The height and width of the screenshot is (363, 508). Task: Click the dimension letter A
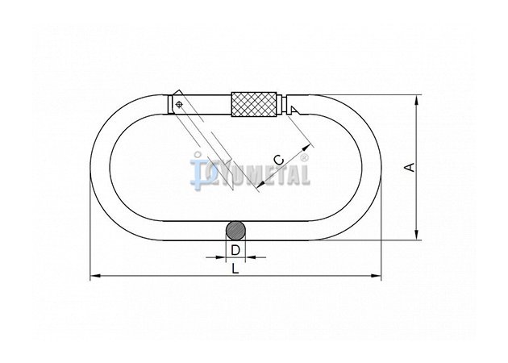[x=410, y=167]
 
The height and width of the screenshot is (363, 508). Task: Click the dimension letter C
[x=279, y=160]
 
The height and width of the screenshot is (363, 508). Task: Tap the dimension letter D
[x=235, y=250]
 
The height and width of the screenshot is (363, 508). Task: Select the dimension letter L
[x=235, y=269]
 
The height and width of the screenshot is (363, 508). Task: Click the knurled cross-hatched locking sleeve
[x=254, y=104]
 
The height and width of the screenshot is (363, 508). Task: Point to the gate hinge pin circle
[x=178, y=104]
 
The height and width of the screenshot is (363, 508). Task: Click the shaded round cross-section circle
[x=235, y=231]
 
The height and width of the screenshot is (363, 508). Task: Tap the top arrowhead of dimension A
[x=417, y=99]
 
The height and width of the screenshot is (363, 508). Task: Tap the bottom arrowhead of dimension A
[x=417, y=236]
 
